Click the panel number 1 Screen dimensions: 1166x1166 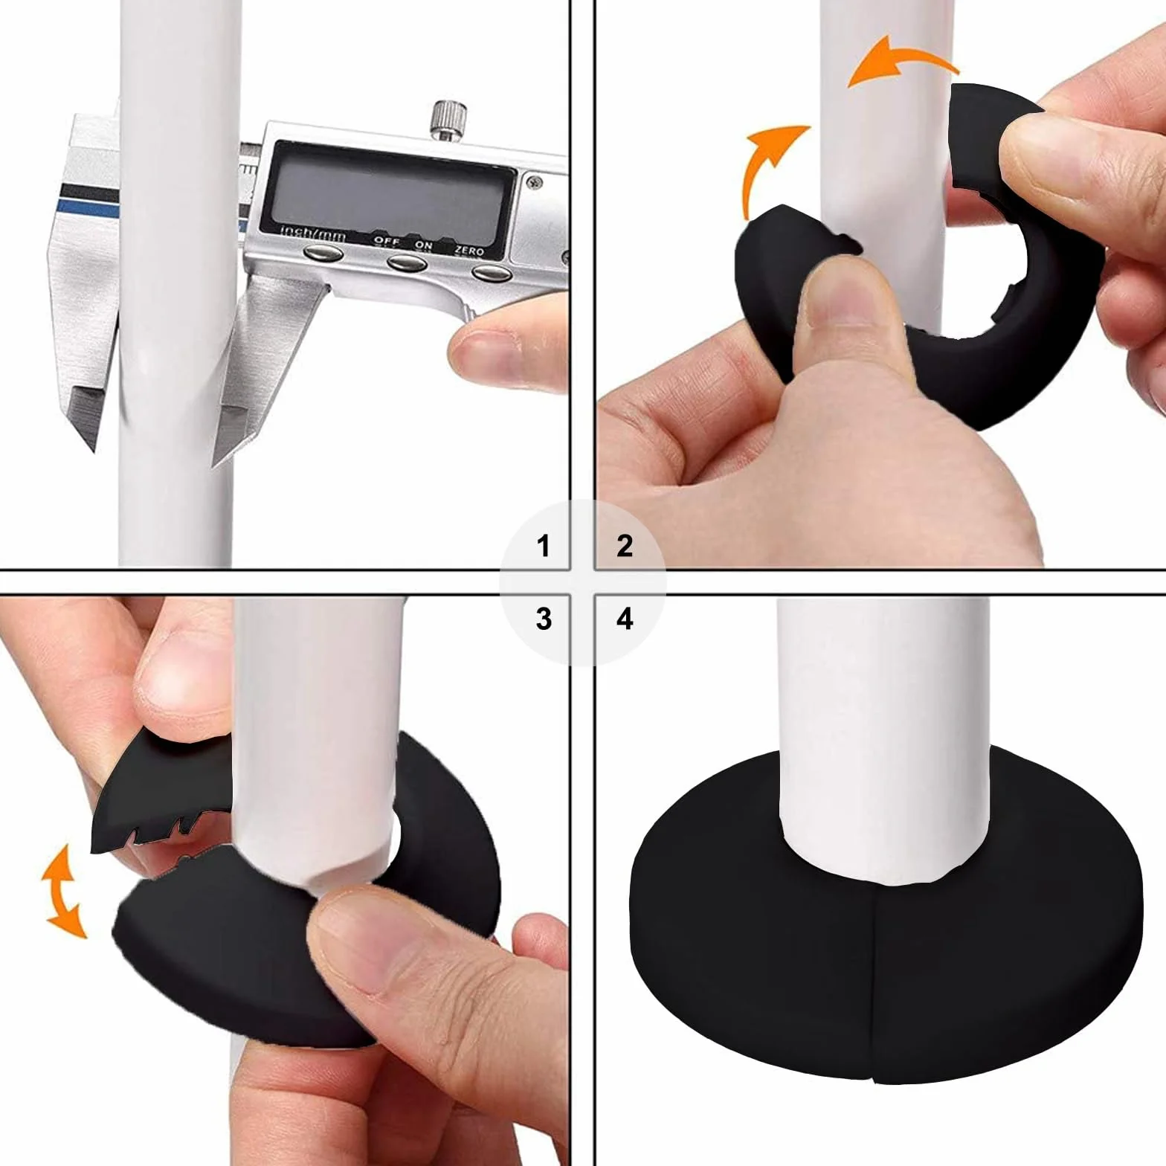click(544, 546)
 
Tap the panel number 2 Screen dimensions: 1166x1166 click(625, 546)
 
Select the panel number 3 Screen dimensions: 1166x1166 click(544, 619)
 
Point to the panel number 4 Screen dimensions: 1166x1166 click(625, 619)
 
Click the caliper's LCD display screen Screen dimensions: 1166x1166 click(388, 192)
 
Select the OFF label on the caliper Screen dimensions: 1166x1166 click(386, 241)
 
